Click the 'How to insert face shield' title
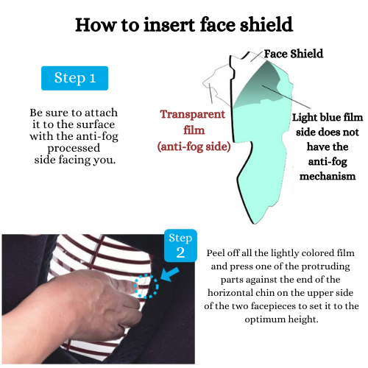[x=184, y=25]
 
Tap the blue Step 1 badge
[x=74, y=78]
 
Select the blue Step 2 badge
[x=180, y=246]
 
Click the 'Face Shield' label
[x=294, y=54]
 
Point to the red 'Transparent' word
[x=193, y=114]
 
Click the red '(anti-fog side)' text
[x=194, y=146]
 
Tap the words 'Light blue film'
[x=328, y=117]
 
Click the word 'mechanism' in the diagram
[x=328, y=176]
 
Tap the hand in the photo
[x=93, y=307]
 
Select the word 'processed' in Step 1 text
[x=74, y=148]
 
